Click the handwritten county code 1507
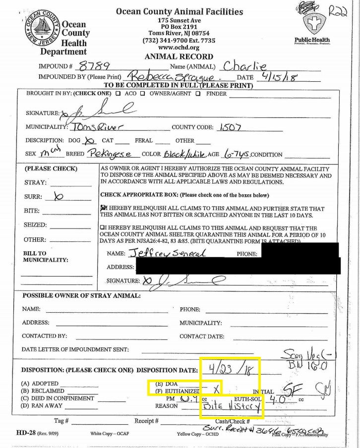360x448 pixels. [x=236, y=127]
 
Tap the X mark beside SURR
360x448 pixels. [x=58, y=196]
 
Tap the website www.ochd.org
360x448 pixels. [x=179, y=48]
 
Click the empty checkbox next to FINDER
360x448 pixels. [x=198, y=93]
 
